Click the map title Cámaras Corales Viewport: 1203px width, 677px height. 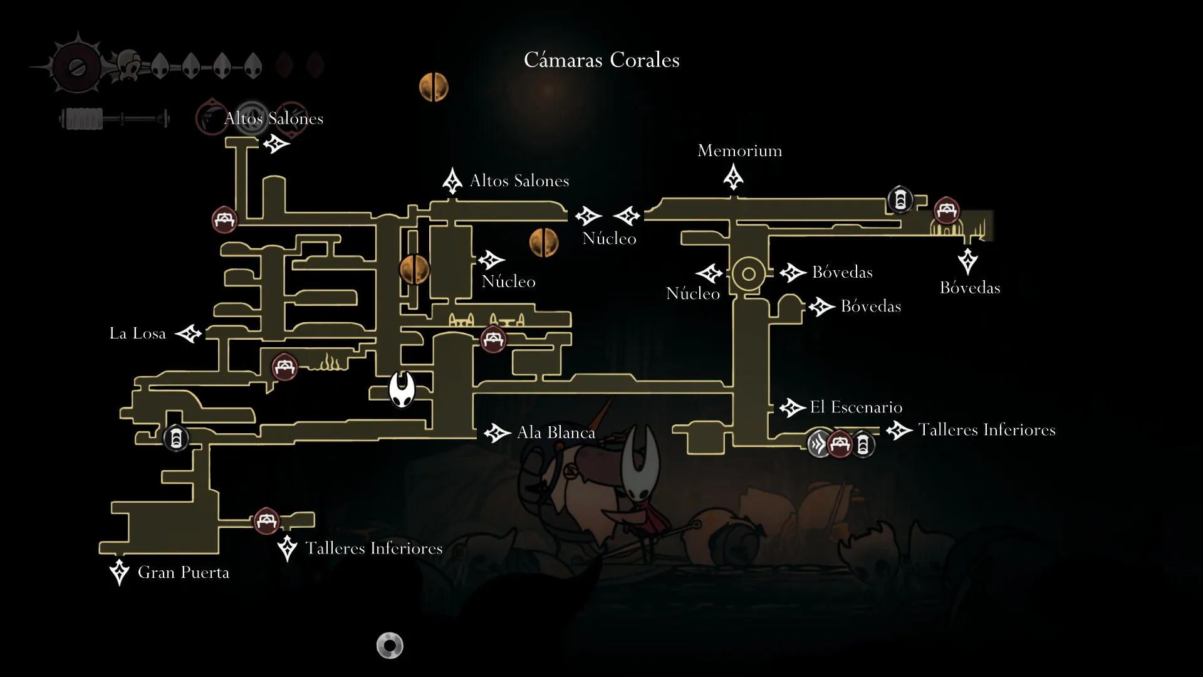click(601, 60)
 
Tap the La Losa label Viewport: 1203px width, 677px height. click(137, 333)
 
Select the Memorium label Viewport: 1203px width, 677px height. click(739, 151)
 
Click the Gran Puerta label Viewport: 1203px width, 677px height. click(183, 572)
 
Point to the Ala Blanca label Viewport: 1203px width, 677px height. click(556, 433)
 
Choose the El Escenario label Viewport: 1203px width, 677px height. click(856, 407)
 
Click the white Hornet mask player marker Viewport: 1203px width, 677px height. click(402, 389)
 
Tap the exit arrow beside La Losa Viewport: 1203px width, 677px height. click(189, 333)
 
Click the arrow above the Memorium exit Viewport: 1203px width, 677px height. click(733, 177)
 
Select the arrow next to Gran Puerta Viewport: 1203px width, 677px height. click(119, 572)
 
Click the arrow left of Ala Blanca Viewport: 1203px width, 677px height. click(497, 433)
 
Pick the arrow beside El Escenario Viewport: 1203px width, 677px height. click(793, 408)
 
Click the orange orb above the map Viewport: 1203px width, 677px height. click(434, 87)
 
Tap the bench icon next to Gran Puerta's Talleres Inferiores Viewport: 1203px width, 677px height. click(266, 521)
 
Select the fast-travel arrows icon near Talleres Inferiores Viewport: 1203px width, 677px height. click(819, 444)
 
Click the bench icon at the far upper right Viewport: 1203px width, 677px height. click(946, 211)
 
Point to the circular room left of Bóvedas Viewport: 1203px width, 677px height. click(748, 274)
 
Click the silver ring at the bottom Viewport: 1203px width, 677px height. click(390, 645)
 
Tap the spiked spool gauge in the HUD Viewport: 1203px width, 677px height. click(77, 66)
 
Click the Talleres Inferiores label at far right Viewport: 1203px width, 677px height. click(986, 430)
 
